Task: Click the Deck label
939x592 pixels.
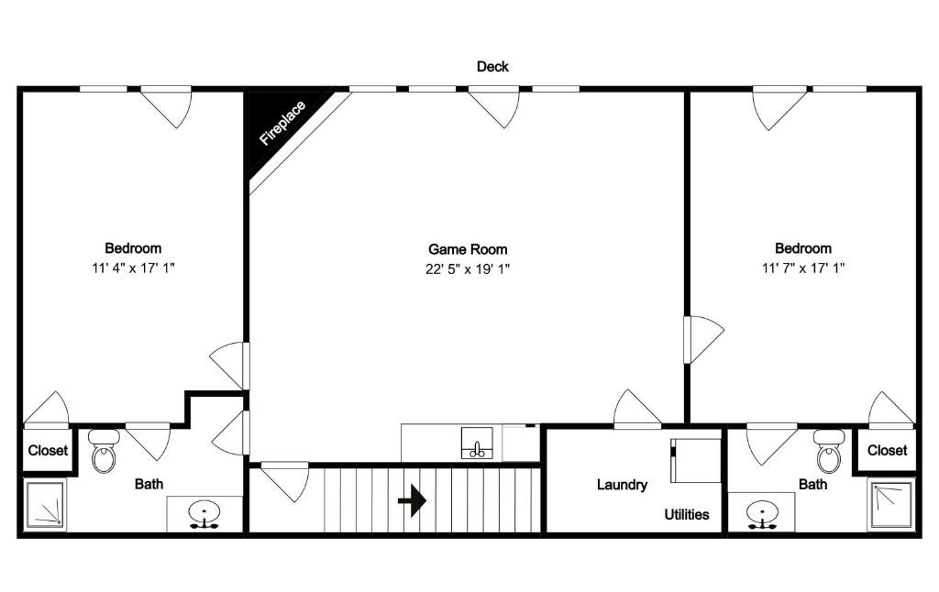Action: [492, 66]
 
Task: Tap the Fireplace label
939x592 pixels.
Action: [282, 124]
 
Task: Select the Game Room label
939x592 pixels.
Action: [468, 248]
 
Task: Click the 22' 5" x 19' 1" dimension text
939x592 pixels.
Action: [468, 269]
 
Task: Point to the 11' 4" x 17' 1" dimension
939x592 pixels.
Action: [133, 269]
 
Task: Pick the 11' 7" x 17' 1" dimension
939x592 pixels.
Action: [802, 269]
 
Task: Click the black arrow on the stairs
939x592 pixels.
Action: [413, 500]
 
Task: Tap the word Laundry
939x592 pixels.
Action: [622, 485]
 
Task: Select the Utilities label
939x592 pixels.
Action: [687, 514]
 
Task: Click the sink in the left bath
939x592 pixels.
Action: [203, 514]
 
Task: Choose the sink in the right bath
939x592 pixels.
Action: [760, 513]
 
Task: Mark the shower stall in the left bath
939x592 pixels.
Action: [43, 504]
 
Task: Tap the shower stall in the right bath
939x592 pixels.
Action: [890, 504]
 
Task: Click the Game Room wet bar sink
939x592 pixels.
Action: [476, 444]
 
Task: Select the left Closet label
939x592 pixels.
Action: [48, 450]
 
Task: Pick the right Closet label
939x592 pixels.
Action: [887, 450]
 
